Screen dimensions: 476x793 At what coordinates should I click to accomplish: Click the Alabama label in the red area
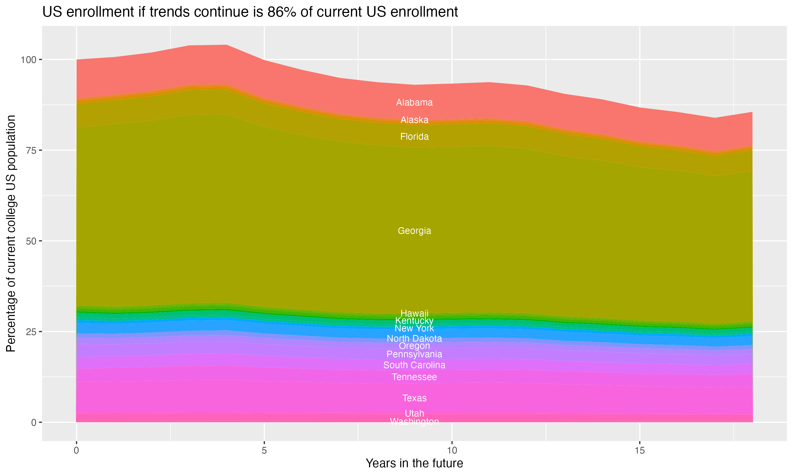pos(414,103)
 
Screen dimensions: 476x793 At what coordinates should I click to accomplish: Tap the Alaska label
pos(414,120)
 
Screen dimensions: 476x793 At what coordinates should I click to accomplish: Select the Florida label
pos(414,137)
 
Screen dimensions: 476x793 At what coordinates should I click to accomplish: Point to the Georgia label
pos(414,231)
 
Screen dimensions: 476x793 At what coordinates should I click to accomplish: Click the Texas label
pos(414,398)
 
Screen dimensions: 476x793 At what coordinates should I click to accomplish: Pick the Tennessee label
pos(414,377)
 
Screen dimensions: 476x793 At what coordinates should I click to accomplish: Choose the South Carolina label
pos(414,365)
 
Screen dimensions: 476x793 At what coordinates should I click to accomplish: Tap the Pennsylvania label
pos(414,354)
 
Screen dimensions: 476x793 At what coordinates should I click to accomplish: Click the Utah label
pos(414,413)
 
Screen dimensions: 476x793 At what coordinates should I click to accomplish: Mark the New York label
pos(414,328)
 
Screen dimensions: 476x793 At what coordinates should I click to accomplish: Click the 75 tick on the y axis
pos(31,150)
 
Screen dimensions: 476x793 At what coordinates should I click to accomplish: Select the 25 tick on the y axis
pos(31,332)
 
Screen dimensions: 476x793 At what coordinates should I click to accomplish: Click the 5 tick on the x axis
pos(264,451)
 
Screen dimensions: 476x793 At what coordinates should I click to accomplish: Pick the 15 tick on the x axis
pos(639,451)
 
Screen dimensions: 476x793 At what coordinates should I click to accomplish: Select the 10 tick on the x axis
pos(452,451)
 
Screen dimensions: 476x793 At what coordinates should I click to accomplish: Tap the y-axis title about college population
pos(11,234)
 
